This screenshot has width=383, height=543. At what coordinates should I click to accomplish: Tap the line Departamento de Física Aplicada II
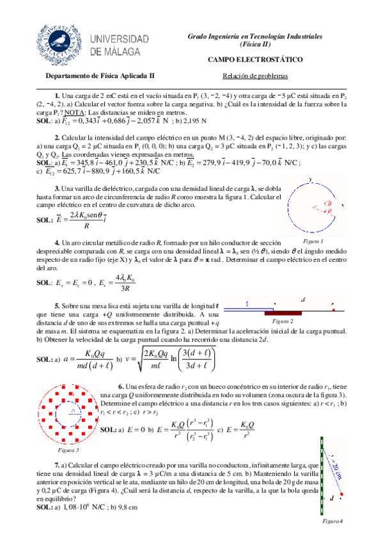[100, 75]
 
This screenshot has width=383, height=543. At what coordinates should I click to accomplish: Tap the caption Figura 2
[281, 320]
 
